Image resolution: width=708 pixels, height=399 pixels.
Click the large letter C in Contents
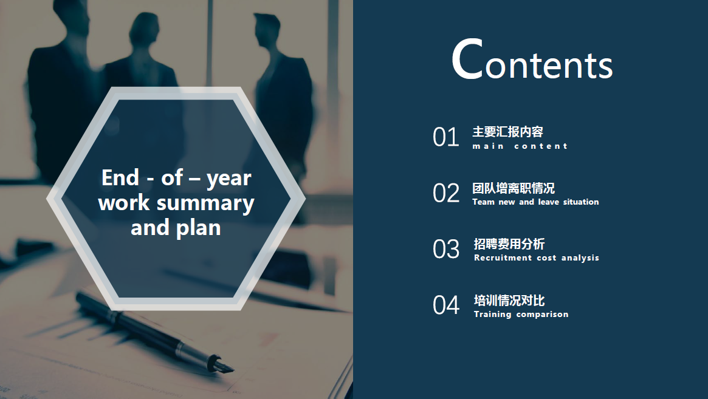pyautogui.click(x=467, y=59)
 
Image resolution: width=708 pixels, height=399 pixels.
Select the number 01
pyautogui.click(x=445, y=137)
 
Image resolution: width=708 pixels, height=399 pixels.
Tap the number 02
pyautogui.click(x=445, y=193)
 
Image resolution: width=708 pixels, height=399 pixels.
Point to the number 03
pyautogui.click(x=445, y=249)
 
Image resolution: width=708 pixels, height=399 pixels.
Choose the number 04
pyautogui.click(x=445, y=305)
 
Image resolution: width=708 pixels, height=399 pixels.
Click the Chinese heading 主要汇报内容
pyautogui.click(x=507, y=132)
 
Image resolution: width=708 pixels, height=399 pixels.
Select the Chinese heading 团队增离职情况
pyautogui.click(x=514, y=188)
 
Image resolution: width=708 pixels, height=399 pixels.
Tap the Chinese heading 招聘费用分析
pyautogui.click(x=509, y=244)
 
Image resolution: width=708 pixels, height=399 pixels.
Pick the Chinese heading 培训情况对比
pyautogui.click(x=509, y=300)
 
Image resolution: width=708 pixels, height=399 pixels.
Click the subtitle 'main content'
pyautogui.click(x=520, y=146)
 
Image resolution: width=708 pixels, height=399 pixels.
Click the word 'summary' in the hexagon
pyautogui.click(x=205, y=203)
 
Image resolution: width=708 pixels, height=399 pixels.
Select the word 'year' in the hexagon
pyautogui.click(x=229, y=179)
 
